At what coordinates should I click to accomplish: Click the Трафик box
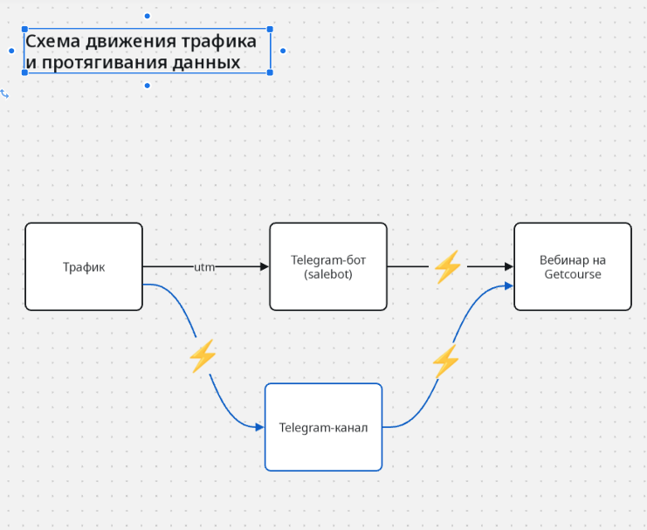click(84, 266)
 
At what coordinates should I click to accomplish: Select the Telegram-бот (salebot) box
click(328, 266)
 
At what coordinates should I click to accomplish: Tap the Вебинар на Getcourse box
click(573, 266)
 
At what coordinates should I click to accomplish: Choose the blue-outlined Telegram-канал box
click(323, 427)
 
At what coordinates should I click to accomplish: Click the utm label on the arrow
click(204, 267)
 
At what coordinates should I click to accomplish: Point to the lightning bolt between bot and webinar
click(448, 267)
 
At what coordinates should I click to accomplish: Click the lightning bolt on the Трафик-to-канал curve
click(203, 356)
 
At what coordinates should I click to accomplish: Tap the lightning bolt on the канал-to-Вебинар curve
click(445, 361)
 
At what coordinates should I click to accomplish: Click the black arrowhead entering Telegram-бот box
click(265, 266)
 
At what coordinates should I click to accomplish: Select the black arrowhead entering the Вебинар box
click(509, 266)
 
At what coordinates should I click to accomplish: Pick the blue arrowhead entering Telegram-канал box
click(260, 427)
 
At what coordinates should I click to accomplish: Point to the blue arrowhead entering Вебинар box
click(509, 286)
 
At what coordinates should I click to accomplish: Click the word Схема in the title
click(53, 41)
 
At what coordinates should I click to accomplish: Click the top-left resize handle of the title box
click(24, 29)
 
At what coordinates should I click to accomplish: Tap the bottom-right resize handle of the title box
click(270, 72)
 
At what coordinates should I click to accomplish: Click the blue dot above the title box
click(148, 16)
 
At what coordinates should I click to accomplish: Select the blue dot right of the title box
click(283, 51)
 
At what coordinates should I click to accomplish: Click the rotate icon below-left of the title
click(4, 94)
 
